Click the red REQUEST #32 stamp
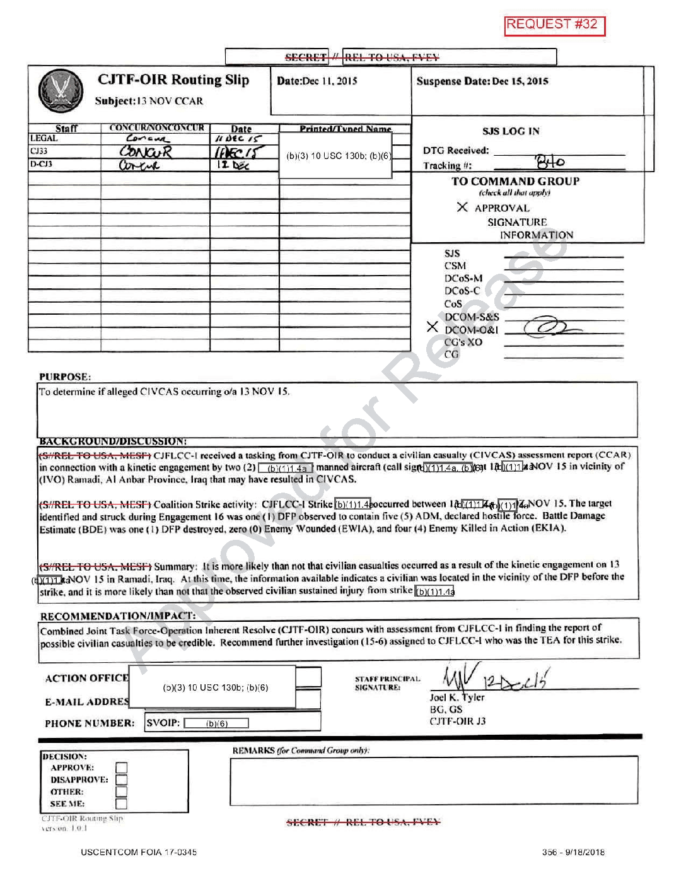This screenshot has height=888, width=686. click(554, 25)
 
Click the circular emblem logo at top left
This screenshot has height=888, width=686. click(61, 90)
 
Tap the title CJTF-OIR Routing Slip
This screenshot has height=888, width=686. click(173, 80)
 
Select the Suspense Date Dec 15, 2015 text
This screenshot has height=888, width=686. click(482, 81)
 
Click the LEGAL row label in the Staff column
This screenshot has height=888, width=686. click(44, 138)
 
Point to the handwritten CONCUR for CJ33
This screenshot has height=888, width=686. click(146, 152)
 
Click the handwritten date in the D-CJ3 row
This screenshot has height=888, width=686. click(233, 165)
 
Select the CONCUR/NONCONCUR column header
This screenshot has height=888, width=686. click(156, 128)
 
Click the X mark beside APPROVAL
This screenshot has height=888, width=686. click(462, 207)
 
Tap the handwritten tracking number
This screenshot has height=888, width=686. click(549, 162)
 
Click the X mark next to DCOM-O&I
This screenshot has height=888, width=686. click(432, 327)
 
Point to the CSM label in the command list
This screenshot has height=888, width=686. click(455, 266)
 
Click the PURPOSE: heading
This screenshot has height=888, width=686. click(65, 377)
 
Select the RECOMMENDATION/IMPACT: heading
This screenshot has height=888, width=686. click(118, 616)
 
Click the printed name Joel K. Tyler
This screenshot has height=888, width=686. click(457, 698)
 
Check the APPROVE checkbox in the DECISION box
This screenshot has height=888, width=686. click(122, 768)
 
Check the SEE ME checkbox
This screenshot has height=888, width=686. click(122, 803)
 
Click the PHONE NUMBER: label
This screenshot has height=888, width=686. click(90, 723)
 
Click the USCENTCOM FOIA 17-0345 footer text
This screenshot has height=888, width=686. click(139, 852)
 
